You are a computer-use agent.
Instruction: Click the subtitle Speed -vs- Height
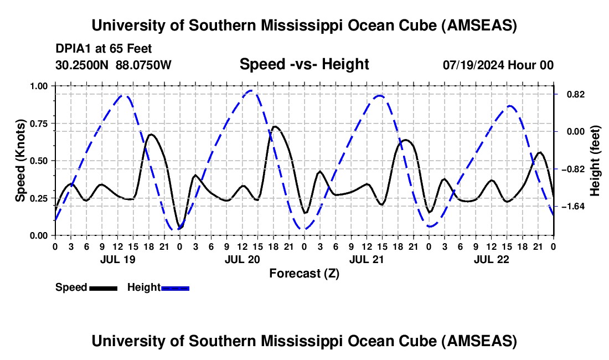[x=304, y=65]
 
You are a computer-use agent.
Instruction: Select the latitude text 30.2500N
[x=82, y=65]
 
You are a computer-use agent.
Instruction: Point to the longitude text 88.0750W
[x=144, y=65]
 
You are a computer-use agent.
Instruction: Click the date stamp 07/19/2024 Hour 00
[x=498, y=65]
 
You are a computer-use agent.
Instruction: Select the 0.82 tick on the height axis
[x=571, y=94]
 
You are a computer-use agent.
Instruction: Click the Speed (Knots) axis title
[x=20, y=161]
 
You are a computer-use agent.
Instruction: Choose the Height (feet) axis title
[x=595, y=161]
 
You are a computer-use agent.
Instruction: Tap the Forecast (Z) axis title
[x=304, y=273]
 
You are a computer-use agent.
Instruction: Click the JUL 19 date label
[x=117, y=259]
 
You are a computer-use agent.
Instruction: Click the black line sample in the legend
[x=103, y=288]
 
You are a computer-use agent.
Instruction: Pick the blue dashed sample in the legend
[x=175, y=288]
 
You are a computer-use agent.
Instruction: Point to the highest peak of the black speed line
[x=275, y=126]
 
